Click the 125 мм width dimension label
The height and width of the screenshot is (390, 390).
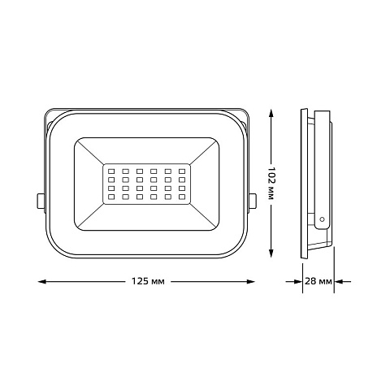point(148,281)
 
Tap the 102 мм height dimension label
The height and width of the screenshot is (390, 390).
point(271,183)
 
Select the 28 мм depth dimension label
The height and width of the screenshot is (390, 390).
point(318,281)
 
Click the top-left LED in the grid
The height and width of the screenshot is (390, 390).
point(111,171)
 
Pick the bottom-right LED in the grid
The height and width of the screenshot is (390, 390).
point(182,197)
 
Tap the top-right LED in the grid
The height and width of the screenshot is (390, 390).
point(182,171)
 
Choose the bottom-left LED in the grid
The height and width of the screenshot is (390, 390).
point(111,197)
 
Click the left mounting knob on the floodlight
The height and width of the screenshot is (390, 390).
point(41,201)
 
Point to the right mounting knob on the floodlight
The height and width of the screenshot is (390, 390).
point(253,201)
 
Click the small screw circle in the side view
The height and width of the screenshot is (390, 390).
point(322,219)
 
